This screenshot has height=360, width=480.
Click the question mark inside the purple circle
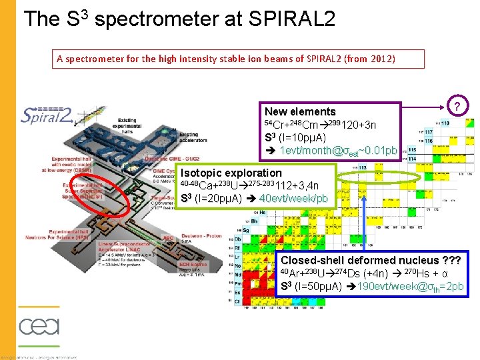[x=456, y=105]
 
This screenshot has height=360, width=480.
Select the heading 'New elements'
[x=299, y=112]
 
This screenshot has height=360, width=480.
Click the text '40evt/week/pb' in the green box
[x=293, y=199]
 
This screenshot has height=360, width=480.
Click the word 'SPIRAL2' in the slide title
[x=287, y=18]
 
